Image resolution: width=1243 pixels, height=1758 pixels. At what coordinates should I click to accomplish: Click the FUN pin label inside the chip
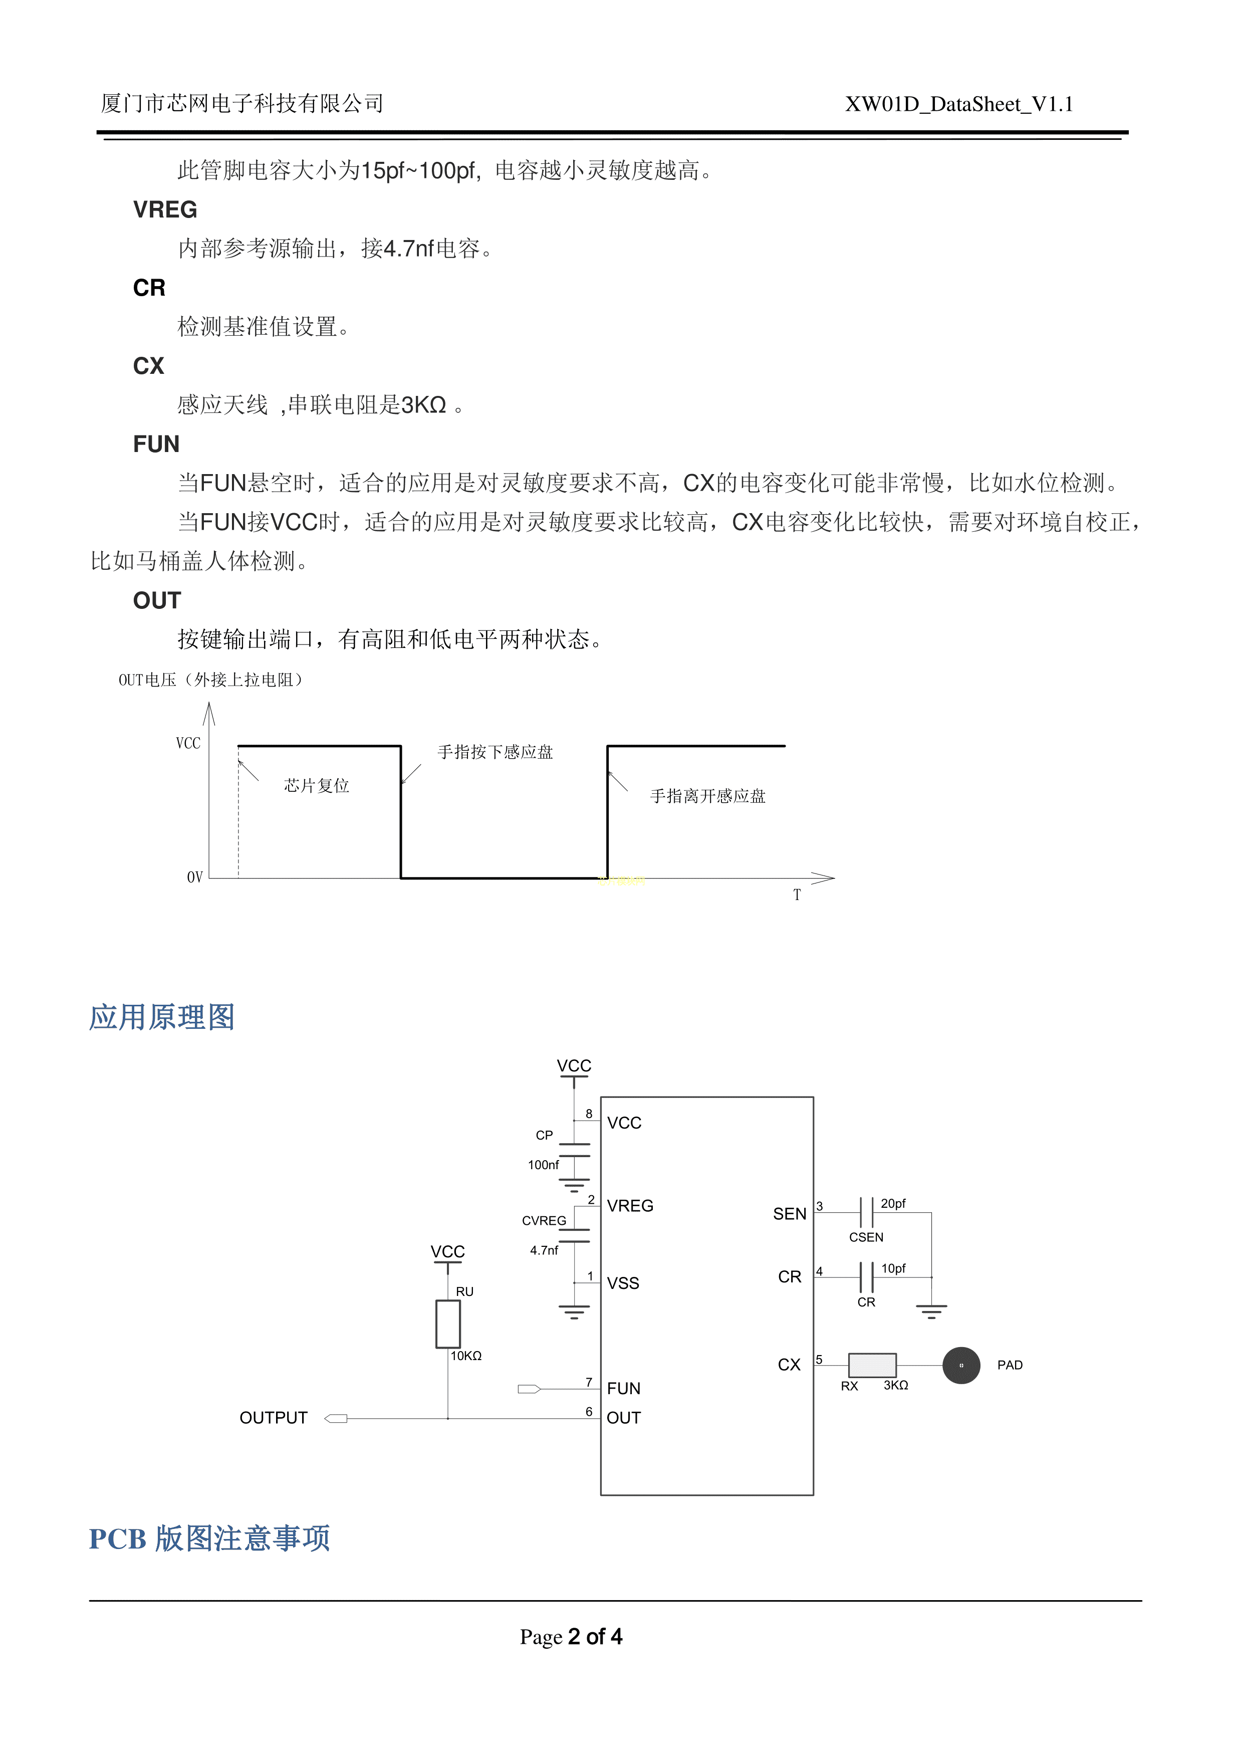pyautogui.click(x=623, y=1388)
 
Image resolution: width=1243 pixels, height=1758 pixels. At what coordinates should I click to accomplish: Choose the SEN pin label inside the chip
pyautogui.click(x=789, y=1214)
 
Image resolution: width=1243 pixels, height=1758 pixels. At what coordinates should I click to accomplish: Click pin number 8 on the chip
pyautogui.click(x=589, y=1114)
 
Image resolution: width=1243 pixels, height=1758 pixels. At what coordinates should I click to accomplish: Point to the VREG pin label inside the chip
pyautogui.click(x=630, y=1206)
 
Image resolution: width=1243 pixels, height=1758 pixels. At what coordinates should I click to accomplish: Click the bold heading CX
pyautogui.click(x=148, y=366)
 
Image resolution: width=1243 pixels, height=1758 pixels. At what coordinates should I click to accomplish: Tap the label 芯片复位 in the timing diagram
pyautogui.click(x=316, y=786)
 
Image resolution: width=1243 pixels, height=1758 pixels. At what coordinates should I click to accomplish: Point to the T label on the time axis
pyautogui.click(x=797, y=895)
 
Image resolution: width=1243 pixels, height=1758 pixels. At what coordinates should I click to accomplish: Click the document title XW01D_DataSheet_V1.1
pyautogui.click(x=958, y=104)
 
